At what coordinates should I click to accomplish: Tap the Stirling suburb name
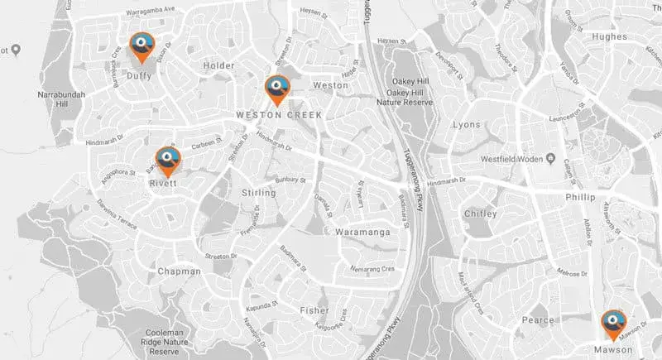[x=257, y=193]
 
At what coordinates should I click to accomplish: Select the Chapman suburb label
[x=178, y=271]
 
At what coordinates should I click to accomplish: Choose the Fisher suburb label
[x=314, y=310]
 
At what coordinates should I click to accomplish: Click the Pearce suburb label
[x=538, y=319]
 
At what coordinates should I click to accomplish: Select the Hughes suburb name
[x=612, y=37]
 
